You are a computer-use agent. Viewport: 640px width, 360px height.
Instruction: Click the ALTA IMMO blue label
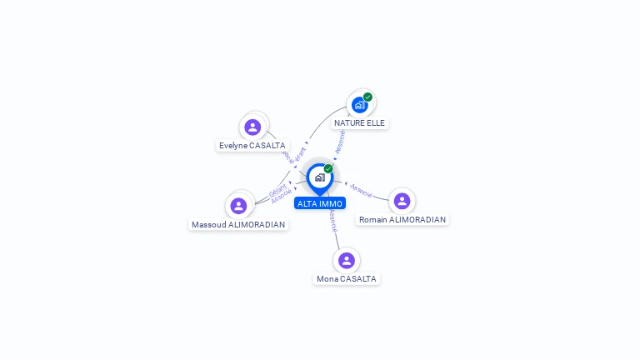click(319, 203)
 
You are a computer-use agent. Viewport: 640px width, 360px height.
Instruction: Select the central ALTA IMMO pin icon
click(319, 177)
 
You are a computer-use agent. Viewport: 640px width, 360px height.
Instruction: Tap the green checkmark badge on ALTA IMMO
click(328, 168)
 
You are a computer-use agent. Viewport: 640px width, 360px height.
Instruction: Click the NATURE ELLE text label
click(359, 122)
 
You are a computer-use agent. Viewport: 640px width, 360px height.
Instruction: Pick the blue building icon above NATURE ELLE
click(359, 105)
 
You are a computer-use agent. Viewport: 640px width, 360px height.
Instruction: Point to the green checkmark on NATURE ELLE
click(367, 97)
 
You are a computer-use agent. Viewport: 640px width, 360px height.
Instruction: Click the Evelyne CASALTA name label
click(252, 145)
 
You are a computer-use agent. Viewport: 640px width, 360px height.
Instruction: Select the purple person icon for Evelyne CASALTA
click(252, 127)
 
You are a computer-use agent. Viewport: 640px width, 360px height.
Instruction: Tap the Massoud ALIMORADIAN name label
click(238, 224)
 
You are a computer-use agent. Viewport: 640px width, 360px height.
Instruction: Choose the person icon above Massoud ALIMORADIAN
click(238, 205)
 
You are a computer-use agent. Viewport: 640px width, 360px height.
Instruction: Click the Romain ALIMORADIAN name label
click(402, 219)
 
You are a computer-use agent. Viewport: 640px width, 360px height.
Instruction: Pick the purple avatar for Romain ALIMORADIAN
click(402, 201)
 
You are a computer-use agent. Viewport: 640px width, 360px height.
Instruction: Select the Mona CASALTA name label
click(346, 278)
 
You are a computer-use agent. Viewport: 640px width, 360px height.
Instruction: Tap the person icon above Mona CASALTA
click(347, 260)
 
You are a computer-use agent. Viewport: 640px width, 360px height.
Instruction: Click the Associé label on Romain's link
click(361, 189)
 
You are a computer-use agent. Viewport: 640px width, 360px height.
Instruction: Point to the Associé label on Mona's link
click(332, 220)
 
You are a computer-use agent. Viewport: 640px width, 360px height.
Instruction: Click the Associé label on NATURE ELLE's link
click(340, 141)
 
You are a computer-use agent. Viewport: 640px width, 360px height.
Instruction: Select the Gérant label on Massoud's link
click(277, 190)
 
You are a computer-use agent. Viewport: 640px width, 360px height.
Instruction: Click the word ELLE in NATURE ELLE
click(375, 122)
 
